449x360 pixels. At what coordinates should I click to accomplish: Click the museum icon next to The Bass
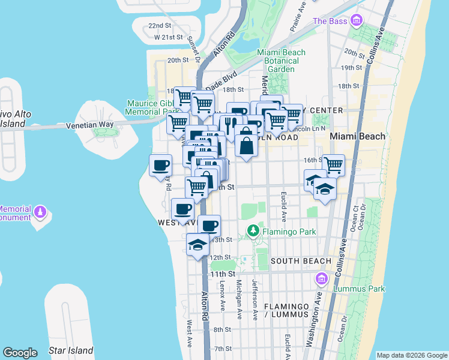tap(357, 21)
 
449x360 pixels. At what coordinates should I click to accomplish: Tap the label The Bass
tap(329, 21)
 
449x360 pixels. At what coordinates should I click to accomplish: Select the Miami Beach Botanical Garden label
tap(281, 61)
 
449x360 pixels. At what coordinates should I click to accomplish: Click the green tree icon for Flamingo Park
tap(253, 230)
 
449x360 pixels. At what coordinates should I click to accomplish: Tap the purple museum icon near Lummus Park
tap(322, 279)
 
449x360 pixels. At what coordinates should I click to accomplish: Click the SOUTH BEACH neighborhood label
tap(301, 261)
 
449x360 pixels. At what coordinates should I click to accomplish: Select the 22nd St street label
tap(160, 26)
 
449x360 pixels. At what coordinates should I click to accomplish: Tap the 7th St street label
tap(223, 349)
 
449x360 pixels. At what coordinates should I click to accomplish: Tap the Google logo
tap(20, 353)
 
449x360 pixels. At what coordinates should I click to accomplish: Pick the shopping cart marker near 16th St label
tap(333, 164)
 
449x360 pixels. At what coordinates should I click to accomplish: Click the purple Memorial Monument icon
tap(40, 212)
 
